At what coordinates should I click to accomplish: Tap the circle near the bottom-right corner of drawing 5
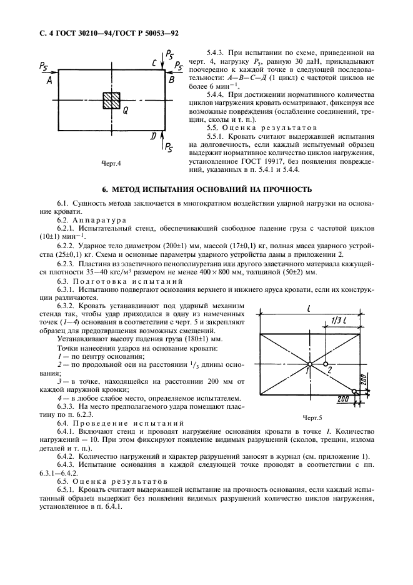354,391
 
